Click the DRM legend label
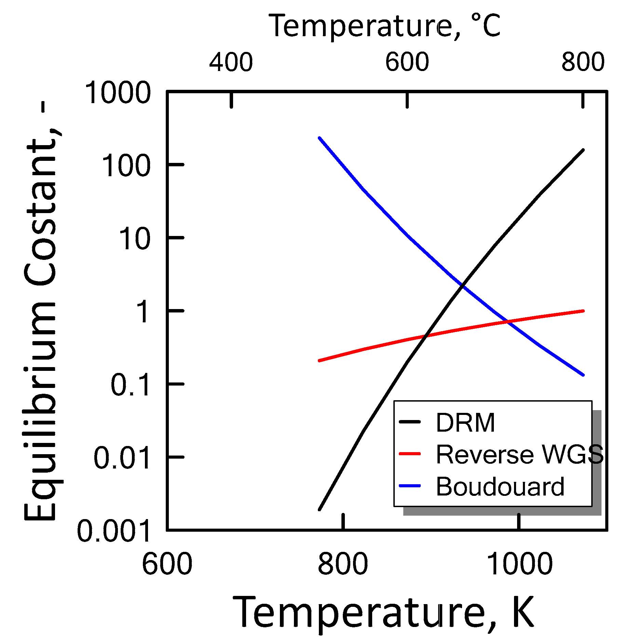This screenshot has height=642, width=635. pyautogui.click(x=465, y=423)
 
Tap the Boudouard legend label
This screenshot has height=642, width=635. pyautogui.click(x=500, y=487)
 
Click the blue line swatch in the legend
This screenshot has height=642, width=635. pyautogui.click(x=410, y=486)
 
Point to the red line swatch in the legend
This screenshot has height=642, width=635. pyautogui.click(x=410, y=453)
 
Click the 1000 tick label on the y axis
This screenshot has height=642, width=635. pyautogui.click(x=117, y=93)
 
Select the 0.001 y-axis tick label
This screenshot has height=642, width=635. pyautogui.click(x=113, y=531)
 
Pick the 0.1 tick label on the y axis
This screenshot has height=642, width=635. pyautogui.click(x=130, y=385)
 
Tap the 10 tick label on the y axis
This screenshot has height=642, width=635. pyautogui.click(x=134, y=239)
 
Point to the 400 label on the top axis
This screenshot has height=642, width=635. pyautogui.click(x=231, y=62)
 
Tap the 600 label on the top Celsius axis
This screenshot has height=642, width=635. pyautogui.click(x=407, y=62)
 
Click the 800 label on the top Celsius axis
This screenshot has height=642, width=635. pyautogui.click(x=583, y=62)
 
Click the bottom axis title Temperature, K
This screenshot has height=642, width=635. pyautogui.click(x=383, y=613)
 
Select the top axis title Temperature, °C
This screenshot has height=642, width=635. pyautogui.click(x=384, y=26)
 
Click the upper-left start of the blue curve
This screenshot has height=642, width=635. pyautogui.click(x=320, y=138)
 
